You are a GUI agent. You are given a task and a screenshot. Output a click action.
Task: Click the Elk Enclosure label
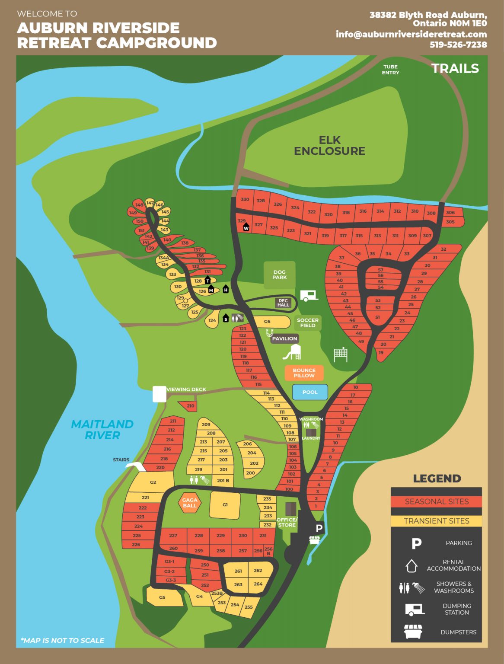[329, 146]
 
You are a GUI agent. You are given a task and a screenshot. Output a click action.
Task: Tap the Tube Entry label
[390, 70]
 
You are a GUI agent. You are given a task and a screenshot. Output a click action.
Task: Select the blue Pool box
[310, 392]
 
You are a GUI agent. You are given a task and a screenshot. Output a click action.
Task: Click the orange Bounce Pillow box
[304, 373]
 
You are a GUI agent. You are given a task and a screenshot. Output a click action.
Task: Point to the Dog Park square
[279, 275]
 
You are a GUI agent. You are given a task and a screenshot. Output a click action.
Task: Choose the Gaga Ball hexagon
[189, 503]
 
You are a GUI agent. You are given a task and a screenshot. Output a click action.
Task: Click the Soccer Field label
[308, 323]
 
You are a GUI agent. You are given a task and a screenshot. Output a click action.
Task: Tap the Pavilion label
[284, 338]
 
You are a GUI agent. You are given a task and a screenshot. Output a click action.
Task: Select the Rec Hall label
[283, 303]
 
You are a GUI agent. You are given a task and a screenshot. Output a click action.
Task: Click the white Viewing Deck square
[159, 394]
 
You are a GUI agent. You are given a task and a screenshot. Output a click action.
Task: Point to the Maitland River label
[102, 430]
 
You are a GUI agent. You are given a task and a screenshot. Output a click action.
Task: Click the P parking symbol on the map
[319, 528]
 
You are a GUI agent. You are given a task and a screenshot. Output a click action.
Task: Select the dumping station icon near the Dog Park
[309, 296]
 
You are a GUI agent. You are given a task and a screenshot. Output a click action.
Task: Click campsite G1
[225, 504]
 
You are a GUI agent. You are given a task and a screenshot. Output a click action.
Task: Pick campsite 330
[245, 199]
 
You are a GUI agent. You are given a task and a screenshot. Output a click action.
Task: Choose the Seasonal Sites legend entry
[436, 501]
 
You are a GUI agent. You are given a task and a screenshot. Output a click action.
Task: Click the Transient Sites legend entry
[436, 521]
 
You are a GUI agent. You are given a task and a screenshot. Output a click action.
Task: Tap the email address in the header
[411, 34]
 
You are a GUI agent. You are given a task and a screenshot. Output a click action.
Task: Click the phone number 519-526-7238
[458, 45]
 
